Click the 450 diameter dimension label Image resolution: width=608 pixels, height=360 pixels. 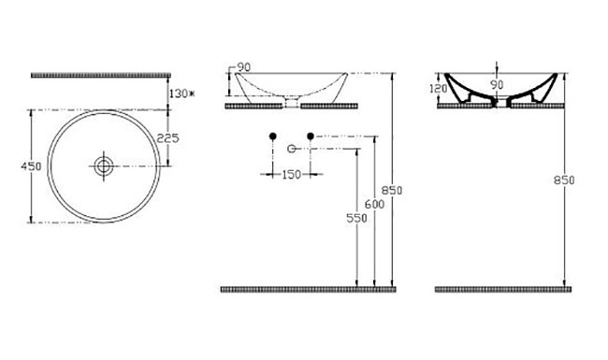pos(31,166)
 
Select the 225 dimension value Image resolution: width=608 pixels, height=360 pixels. pos(167,138)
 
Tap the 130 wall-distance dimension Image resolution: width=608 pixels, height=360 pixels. pos(179,94)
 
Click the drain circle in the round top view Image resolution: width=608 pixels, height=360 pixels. pos(104,166)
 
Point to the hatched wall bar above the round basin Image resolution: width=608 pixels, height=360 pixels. pos(101,75)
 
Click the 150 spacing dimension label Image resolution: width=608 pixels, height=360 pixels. pos(291,175)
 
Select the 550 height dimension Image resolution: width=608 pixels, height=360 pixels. pos(356,218)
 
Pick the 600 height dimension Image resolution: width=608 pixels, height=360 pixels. pos(374,204)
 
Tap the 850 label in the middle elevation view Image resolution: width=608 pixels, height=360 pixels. pos(392,190)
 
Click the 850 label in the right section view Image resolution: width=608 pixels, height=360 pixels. pos(564,180)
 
